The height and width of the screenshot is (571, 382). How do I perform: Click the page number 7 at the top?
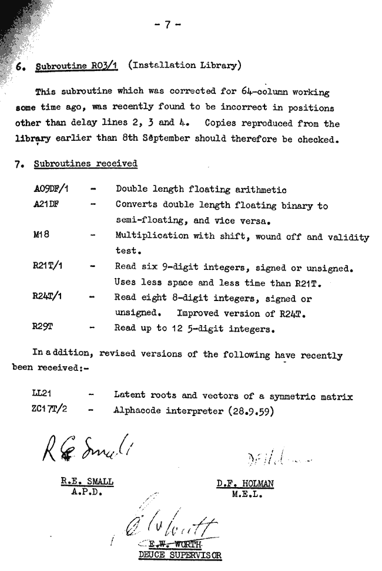[167, 24]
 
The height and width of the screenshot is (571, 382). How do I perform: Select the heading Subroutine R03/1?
[76, 66]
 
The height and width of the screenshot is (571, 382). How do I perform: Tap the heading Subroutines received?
[85, 164]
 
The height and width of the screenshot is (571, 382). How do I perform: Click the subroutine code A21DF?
[46, 205]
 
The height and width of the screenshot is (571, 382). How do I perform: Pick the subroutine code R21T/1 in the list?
[48, 266]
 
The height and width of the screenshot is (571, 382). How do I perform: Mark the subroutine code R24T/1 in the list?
[48, 297]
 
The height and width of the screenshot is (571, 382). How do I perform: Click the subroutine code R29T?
[42, 328]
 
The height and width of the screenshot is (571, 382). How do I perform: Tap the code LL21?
[43, 396]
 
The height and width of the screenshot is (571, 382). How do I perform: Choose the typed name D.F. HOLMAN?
[245, 484]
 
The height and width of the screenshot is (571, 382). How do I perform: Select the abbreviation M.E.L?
[245, 494]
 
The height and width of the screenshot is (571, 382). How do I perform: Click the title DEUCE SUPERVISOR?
[180, 554]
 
